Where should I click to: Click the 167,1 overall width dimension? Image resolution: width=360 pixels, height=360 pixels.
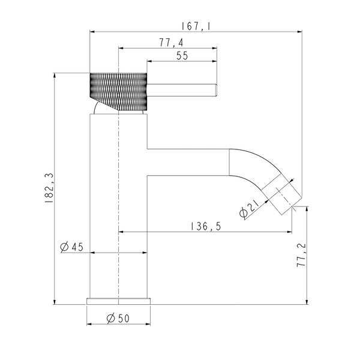[x=196, y=26]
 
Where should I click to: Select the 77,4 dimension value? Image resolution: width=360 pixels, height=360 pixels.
[x=171, y=43]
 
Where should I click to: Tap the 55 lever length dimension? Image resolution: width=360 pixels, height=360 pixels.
[x=182, y=56]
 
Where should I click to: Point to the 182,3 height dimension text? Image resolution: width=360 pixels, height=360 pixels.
[x=49, y=188]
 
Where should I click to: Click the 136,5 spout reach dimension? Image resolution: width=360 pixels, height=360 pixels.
[x=206, y=227]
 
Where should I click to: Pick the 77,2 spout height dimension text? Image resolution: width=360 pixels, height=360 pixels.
[x=301, y=255]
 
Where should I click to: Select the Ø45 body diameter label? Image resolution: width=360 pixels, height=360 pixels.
[x=71, y=247]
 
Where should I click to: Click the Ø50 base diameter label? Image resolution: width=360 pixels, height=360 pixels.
[x=118, y=319]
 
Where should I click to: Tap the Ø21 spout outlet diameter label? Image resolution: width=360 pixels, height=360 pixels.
[x=249, y=209]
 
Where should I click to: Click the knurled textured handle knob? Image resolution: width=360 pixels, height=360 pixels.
[x=118, y=92]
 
